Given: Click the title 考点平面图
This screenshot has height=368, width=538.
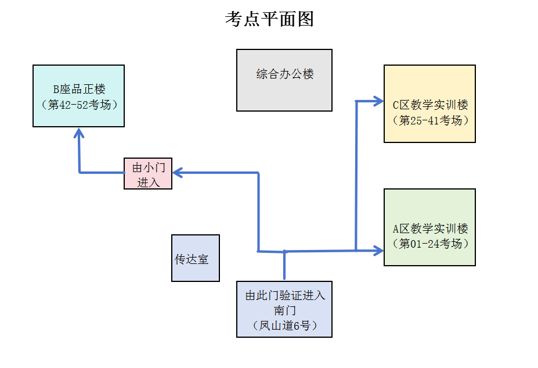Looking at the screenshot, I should pyautogui.click(x=269, y=19).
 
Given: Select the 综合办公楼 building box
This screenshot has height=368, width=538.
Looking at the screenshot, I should pyautogui.click(x=284, y=80).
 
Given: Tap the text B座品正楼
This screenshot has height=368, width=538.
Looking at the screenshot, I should pyautogui.click(x=80, y=90).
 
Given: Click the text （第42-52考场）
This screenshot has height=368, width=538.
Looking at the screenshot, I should pyautogui.click(x=80, y=105).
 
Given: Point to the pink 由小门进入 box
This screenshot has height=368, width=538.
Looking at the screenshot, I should pyautogui.click(x=148, y=174).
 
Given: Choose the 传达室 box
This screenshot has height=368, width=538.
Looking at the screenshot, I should pyautogui.click(x=195, y=259).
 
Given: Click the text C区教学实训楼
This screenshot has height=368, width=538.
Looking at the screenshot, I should pyautogui.click(x=430, y=105).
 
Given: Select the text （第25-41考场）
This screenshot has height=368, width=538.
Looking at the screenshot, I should pyautogui.click(x=430, y=120).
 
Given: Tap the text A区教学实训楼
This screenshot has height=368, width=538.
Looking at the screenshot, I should pyautogui.click(x=430, y=228).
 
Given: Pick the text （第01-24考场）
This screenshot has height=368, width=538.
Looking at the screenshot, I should pyautogui.click(x=430, y=244).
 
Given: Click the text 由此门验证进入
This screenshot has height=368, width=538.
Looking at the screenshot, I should pyautogui.click(x=285, y=295).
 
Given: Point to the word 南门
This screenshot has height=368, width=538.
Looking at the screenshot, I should pyautogui.click(x=285, y=310).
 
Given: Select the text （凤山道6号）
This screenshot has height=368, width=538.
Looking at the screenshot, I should pyautogui.click(x=285, y=326).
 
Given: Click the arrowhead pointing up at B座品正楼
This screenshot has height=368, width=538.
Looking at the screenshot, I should pyautogui.click(x=80, y=133).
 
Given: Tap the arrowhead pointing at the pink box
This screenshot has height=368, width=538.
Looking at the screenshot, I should pyautogui.click(x=178, y=172).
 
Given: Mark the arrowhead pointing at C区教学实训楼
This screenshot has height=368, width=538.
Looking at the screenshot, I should pyautogui.click(x=378, y=102).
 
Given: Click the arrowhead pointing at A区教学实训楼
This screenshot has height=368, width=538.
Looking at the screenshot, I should pyautogui.click(x=378, y=251).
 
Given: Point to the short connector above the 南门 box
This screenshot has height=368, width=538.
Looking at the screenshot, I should pyautogui.click(x=284, y=266).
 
